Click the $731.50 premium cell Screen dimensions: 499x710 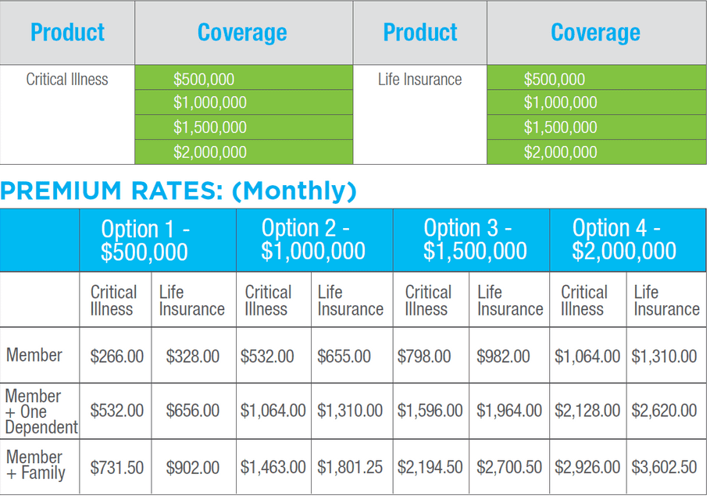tap(116, 468)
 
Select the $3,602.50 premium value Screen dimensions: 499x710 tap(664, 468)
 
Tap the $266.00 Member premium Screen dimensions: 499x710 tap(116, 356)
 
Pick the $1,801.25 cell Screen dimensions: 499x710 tap(350, 468)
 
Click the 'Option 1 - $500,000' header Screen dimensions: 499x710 tap(145, 240)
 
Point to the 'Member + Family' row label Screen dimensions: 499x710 tap(36, 465)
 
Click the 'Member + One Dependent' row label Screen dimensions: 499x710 tap(41, 411)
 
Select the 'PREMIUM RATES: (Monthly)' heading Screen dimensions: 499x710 tap(178, 191)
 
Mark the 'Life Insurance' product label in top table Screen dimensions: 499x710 tap(419, 80)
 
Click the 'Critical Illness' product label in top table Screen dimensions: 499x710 tap(67, 80)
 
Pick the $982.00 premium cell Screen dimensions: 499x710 tap(503, 356)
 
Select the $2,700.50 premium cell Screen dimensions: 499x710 tap(509, 468)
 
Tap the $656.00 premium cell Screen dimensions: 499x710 tap(192, 411)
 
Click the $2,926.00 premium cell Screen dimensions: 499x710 tap(587, 468)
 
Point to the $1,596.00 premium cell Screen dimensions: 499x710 tap(430, 411)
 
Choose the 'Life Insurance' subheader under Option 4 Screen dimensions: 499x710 tap(665, 301)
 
